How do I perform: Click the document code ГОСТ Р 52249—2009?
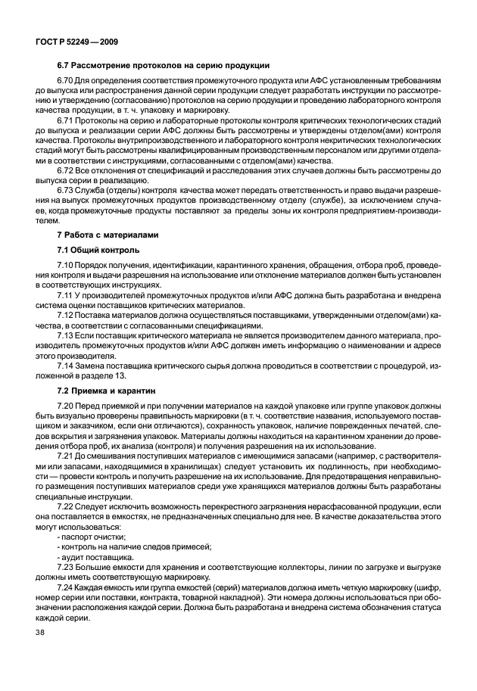tap(76, 40)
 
